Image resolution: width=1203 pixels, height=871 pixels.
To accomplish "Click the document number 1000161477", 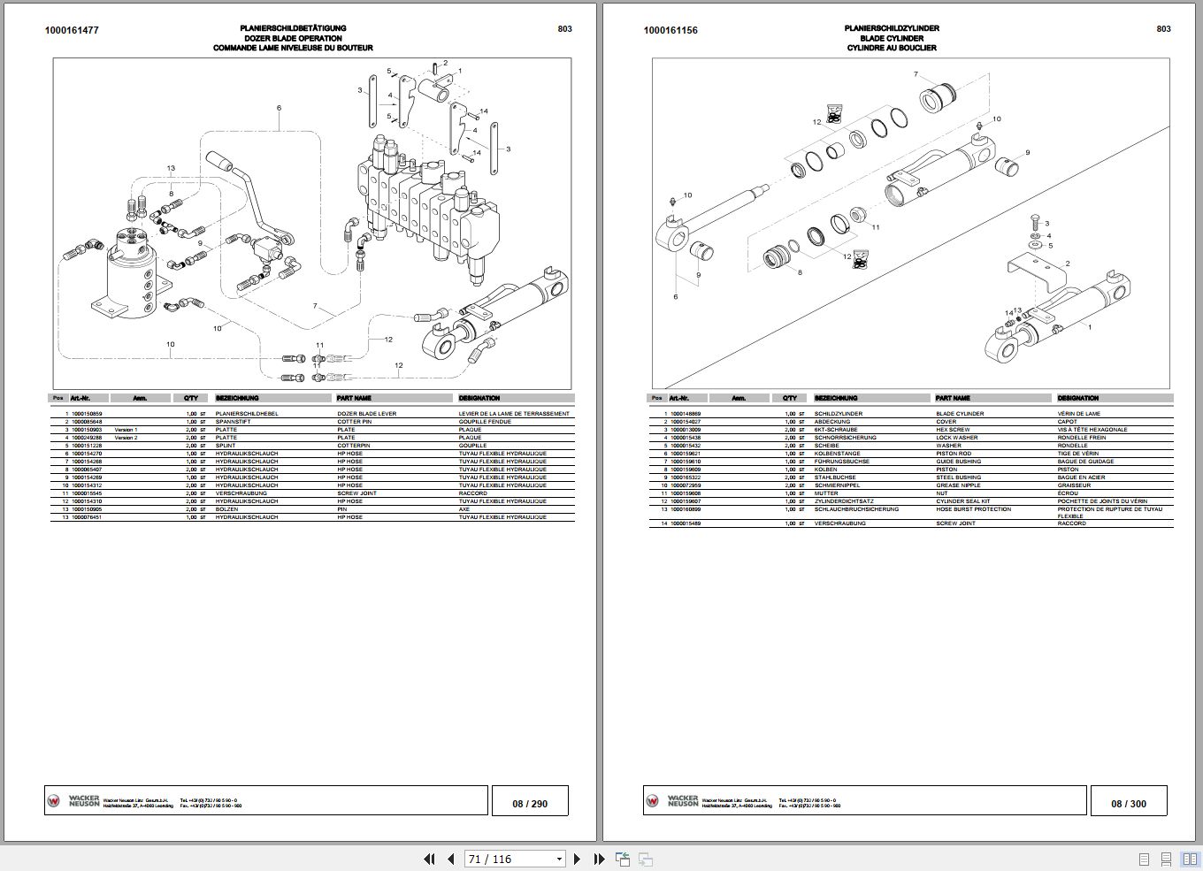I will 72,30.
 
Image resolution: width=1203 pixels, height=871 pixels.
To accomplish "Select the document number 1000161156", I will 670,30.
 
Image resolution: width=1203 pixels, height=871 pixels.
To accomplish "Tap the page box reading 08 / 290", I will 530,804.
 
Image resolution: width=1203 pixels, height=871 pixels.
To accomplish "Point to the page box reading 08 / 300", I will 1129,804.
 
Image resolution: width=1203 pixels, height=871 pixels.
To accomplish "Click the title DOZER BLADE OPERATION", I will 293,38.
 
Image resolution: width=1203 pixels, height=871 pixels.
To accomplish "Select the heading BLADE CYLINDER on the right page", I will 892,38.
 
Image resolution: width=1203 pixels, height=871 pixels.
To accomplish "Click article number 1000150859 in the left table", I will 87,414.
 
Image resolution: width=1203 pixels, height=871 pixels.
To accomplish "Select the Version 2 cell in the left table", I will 126,438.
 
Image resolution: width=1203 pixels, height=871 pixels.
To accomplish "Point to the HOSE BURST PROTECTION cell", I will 973,509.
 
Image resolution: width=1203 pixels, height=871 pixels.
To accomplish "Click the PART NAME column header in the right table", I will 953,398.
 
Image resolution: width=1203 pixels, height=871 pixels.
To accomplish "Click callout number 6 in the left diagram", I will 279,108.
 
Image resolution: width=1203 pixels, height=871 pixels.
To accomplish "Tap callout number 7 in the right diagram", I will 916,74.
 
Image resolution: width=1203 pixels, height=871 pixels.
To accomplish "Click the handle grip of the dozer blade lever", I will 218,162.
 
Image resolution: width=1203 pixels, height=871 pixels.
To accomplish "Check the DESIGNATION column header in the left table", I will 479,398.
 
